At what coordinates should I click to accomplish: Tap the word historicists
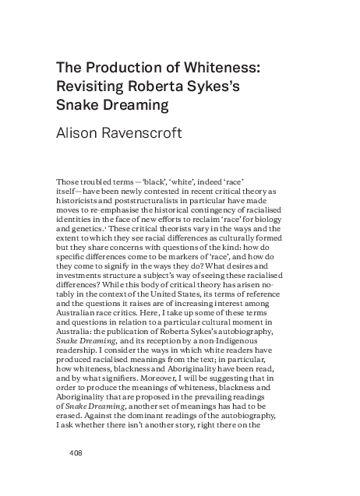[83, 201]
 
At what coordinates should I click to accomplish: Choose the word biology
[263, 221]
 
